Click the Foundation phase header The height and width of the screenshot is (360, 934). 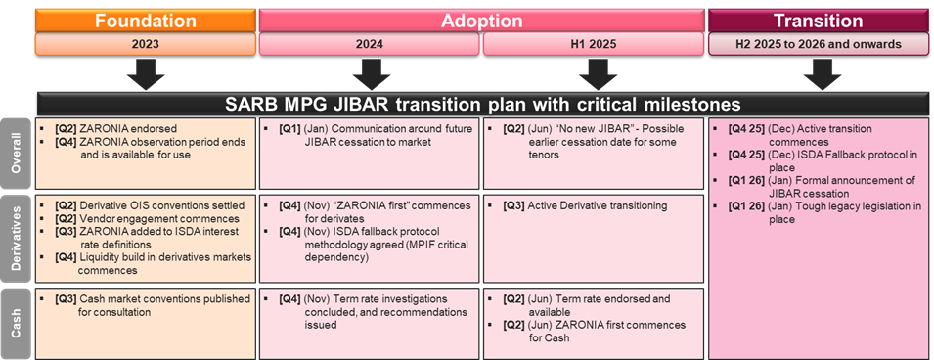point(145,20)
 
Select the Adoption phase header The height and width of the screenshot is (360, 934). point(482,20)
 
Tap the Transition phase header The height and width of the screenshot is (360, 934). point(818,20)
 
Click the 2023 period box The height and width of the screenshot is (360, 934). point(145,44)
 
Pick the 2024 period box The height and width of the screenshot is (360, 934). point(369,44)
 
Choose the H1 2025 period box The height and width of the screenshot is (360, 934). point(594,44)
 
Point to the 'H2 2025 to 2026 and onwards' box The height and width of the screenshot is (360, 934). point(818,44)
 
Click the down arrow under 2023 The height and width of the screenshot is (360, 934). point(145,74)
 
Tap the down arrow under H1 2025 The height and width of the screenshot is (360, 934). point(594,74)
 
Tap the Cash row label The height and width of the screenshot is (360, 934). point(18,319)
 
